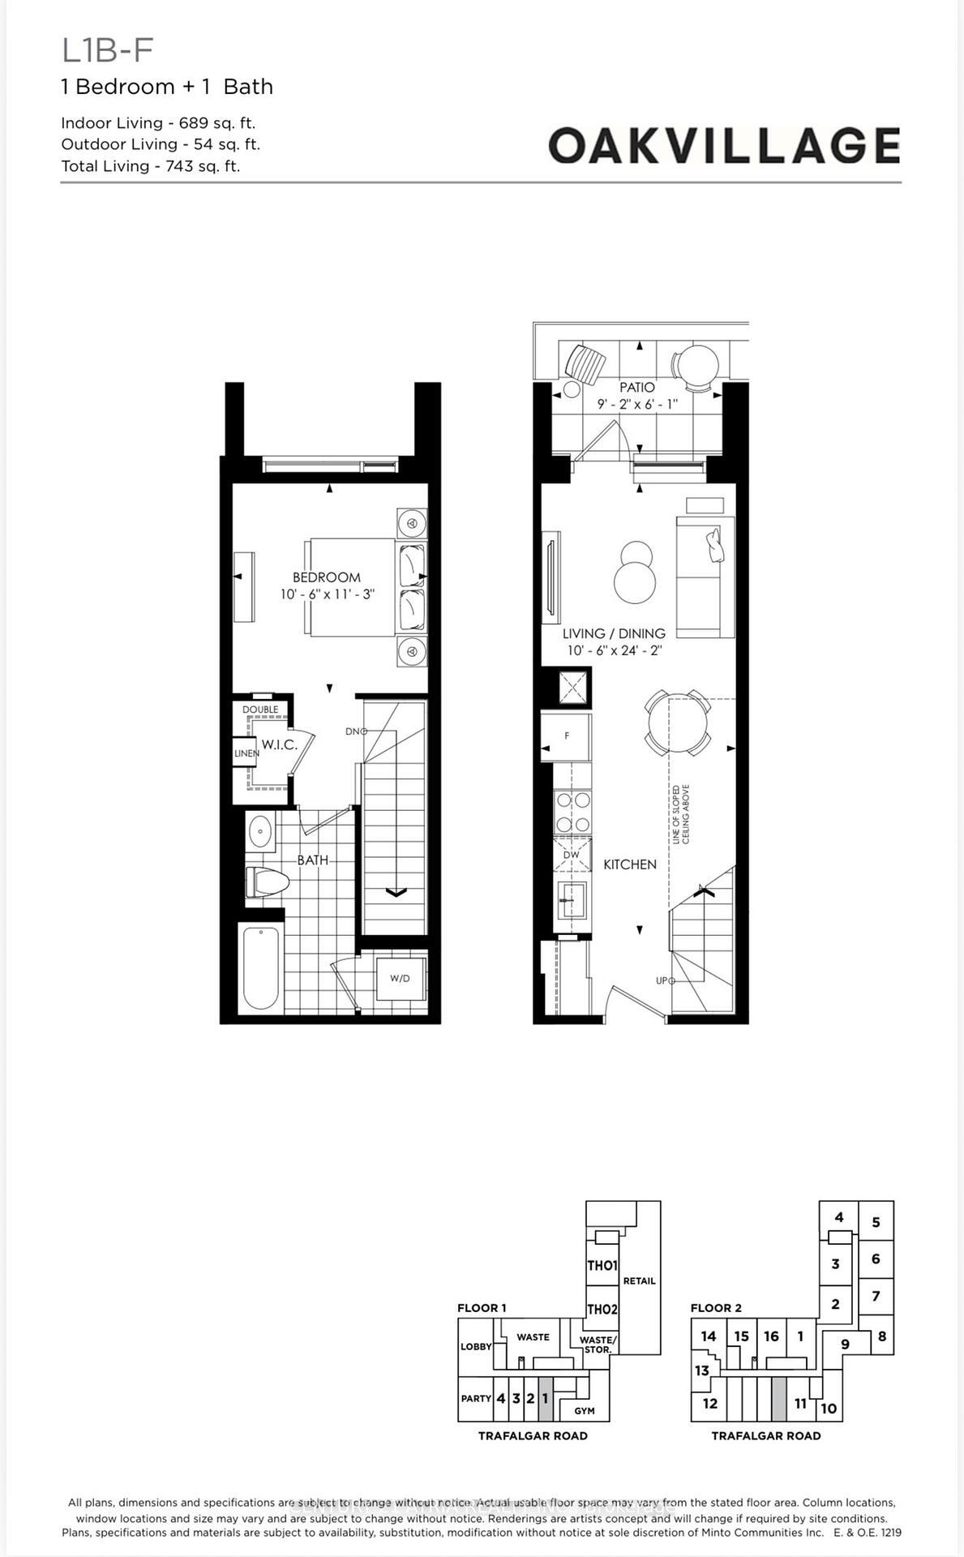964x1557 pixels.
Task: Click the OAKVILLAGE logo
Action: (x=723, y=146)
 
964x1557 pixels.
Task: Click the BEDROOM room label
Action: (x=326, y=577)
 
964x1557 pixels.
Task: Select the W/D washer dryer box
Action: (x=400, y=978)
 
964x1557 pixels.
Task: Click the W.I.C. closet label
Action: (x=279, y=744)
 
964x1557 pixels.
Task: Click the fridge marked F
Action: (x=566, y=736)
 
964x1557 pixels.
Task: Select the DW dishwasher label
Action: (x=571, y=855)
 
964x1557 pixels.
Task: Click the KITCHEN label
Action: (x=629, y=864)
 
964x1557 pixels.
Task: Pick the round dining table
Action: (x=677, y=722)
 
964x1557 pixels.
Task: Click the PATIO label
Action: (x=636, y=388)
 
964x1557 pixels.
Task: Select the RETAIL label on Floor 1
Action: (x=639, y=1280)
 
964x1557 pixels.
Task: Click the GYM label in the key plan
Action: (x=584, y=1410)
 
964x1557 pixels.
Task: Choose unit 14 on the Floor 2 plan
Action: (x=708, y=1336)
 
